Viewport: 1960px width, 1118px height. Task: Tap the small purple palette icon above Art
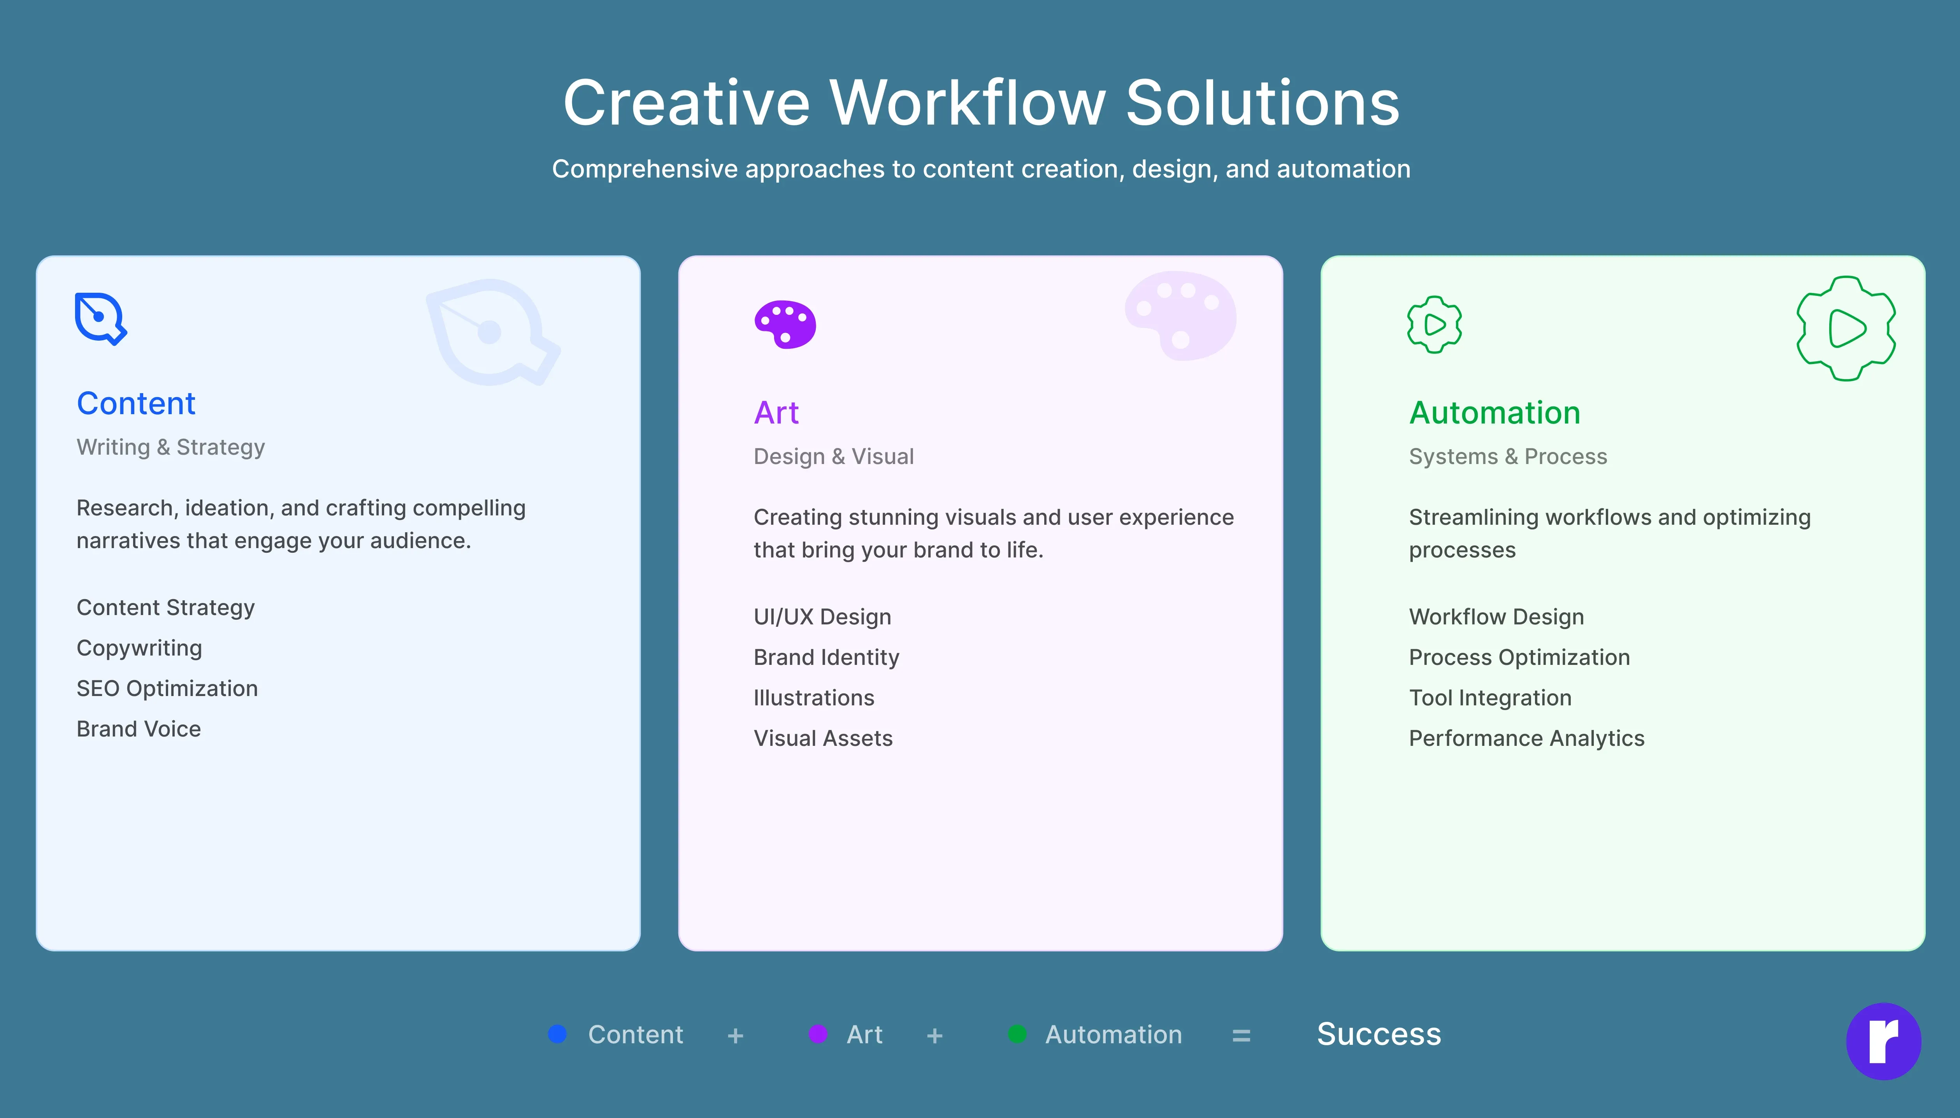click(785, 324)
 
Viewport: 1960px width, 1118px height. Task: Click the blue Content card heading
click(136, 403)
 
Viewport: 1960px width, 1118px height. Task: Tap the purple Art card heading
click(776, 412)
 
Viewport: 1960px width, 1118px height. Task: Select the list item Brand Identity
click(826, 657)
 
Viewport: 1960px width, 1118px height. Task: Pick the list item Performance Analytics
click(1526, 738)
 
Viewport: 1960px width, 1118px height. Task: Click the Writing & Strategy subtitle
click(170, 447)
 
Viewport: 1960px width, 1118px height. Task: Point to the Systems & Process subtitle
click(1508, 456)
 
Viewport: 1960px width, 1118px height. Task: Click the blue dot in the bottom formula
click(557, 1034)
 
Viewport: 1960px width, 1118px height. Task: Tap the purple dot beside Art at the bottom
click(818, 1034)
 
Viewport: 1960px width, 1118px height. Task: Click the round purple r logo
click(1883, 1041)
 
